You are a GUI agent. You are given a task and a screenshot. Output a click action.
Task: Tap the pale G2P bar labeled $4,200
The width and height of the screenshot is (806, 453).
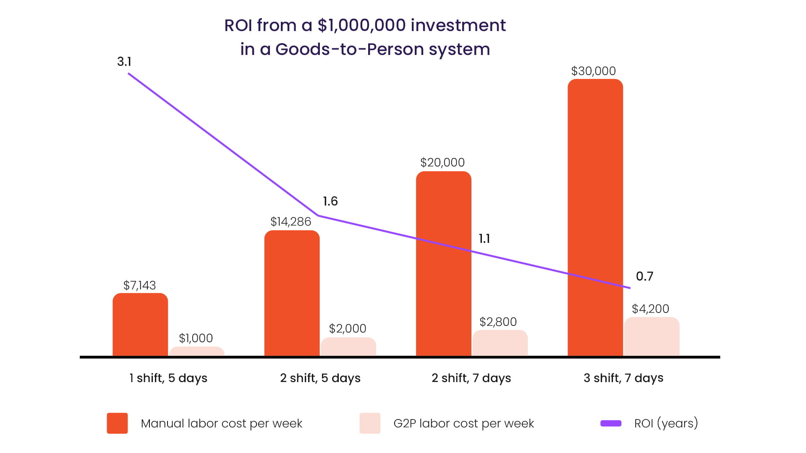(x=652, y=336)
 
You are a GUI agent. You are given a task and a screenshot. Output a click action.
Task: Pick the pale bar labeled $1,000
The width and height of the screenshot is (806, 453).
(x=196, y=351)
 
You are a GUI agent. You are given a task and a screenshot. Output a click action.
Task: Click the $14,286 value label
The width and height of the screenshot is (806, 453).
(x=290, y=221)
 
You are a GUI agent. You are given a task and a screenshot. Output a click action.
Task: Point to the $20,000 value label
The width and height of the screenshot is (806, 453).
(x=442, y=162)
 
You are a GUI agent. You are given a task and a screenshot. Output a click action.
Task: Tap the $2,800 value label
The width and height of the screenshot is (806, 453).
(x=498, y=322)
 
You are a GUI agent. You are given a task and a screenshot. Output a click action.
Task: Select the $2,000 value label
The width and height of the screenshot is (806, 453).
(x=347, y=328)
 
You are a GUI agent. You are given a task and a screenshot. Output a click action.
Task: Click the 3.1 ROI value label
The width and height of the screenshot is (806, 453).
(x=124, y=62)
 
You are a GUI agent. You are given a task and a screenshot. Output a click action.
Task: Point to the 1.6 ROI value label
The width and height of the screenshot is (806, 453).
(x=330, y=201)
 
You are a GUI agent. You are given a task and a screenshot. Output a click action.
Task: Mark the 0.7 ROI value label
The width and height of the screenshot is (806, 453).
(x=644, y=276)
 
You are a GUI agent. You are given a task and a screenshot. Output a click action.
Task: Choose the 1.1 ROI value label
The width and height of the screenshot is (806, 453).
(x=484, y=239)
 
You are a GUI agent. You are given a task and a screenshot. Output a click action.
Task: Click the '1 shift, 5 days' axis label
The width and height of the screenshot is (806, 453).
(x=168, y=378)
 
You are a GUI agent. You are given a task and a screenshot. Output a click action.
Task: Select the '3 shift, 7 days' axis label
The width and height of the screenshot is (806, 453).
(x=623, y=378)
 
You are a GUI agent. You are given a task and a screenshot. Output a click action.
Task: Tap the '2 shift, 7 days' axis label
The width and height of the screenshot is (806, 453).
(x=471, y=378)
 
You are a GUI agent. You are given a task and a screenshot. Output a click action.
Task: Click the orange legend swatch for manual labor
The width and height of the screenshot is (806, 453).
(x=117, y=423)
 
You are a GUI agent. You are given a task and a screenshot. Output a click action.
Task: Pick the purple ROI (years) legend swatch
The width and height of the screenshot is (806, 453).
(x=611, y=423)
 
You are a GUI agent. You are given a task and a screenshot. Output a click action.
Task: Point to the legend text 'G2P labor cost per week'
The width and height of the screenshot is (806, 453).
(x=463, y=423)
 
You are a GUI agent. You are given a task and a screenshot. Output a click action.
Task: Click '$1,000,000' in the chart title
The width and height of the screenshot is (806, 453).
(x=361, y=26)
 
